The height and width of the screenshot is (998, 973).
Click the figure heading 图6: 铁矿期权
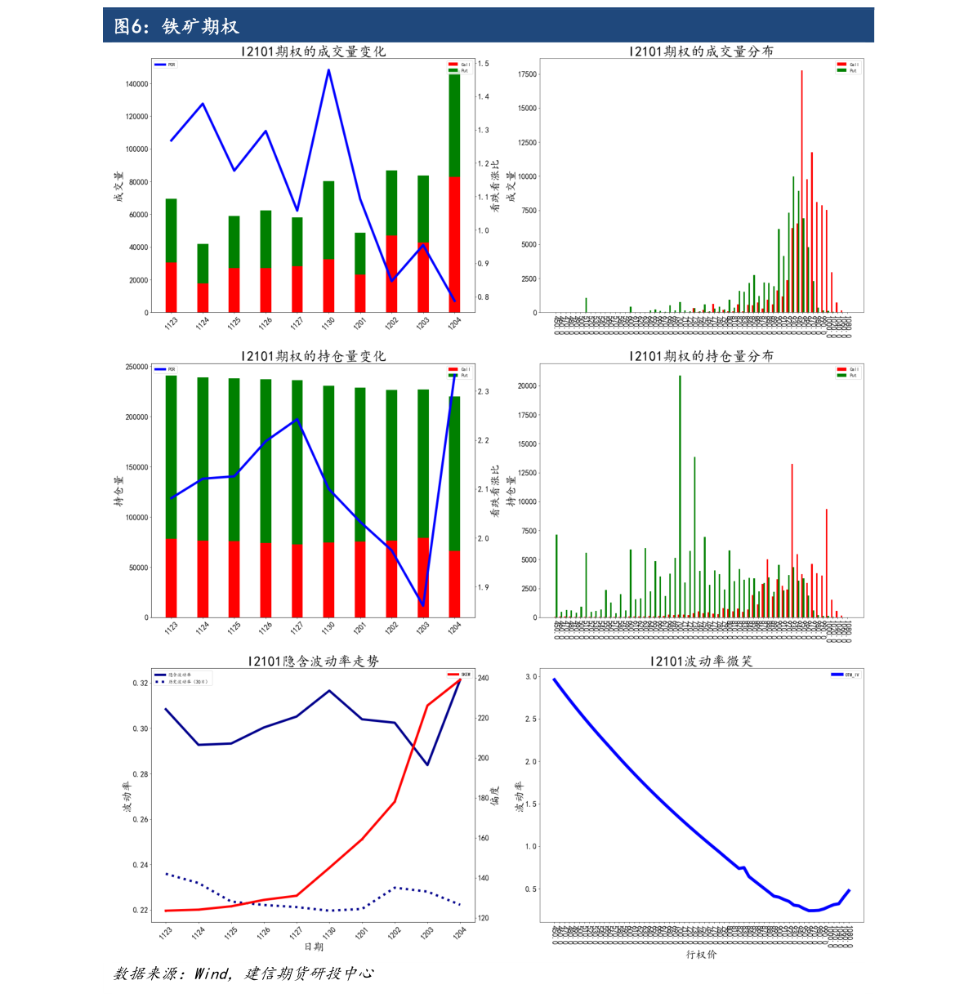coord(176,27)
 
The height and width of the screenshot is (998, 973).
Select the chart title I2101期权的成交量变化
coord(313,51)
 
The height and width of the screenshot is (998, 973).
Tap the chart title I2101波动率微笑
coord(701,661)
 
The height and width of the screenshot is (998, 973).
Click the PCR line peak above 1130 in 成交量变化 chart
coord(328,70)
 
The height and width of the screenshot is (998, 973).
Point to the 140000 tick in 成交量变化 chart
coord(136,84)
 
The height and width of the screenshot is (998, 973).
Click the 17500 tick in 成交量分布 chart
coord(527,74)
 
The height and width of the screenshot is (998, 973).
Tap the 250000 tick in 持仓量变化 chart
coord(136,368)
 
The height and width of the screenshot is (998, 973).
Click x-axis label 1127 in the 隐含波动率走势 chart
coord(296,932)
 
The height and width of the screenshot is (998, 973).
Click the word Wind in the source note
coord(212,973)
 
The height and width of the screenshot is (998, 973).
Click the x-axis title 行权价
coord(701,954)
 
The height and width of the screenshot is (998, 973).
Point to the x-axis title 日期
coord(314,947)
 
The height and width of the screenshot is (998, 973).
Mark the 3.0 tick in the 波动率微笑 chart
coord(531,677)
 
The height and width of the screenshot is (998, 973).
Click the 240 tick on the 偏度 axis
coord(484,678)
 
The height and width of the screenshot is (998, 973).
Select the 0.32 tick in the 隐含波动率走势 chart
coord(141,684)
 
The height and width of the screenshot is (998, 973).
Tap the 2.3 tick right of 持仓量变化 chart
coord(484,392)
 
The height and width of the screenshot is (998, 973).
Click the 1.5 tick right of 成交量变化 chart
coord(484,64)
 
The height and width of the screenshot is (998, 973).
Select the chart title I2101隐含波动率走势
coord(313,661)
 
